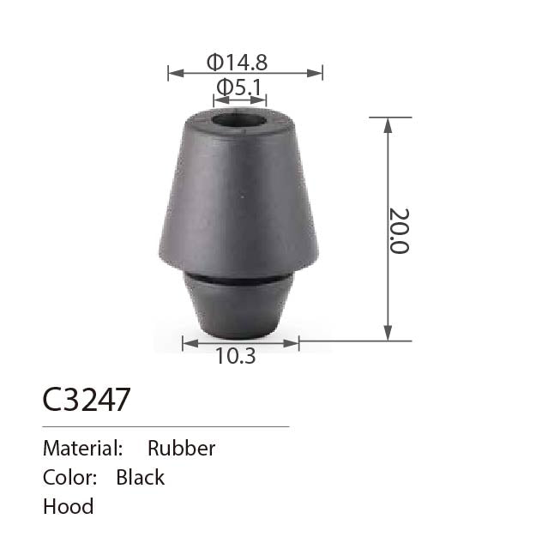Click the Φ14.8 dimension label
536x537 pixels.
pos(237,63)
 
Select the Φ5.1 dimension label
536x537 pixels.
pos(238,87)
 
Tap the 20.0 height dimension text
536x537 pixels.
pos(400,231)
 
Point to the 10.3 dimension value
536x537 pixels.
pos(236,356)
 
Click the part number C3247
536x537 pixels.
pos(87,400)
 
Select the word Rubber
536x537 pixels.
pos(182,448)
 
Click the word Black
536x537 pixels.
pos(141,477)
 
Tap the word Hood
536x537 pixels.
pos(68,506)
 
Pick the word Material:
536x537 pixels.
pos(83,448)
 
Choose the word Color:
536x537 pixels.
pos(69,477)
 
